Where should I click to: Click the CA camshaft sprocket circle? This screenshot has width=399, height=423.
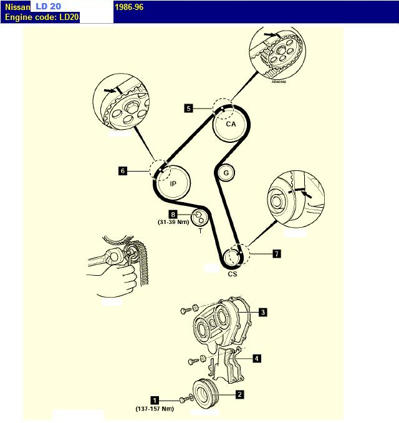coord(231,125)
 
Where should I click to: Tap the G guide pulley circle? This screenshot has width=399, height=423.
coord(226,172)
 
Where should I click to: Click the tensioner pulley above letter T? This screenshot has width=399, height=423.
coord(199,218)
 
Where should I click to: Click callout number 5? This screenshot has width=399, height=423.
coord(189,107)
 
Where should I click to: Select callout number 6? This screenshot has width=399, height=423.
coord(123,170)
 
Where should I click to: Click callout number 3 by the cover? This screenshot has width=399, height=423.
coord(263,312)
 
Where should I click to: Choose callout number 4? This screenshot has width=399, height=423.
coord(256,358)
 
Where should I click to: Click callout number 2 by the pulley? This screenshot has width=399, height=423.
coord(239,394)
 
